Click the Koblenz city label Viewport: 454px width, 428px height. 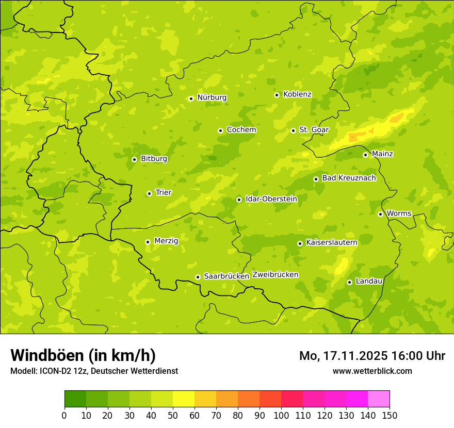point(297,94)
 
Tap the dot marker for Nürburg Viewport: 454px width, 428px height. point(191,98)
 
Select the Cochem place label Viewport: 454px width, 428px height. point(241,130)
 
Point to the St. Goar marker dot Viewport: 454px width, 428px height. point(293,130)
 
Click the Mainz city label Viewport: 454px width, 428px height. point(382,154)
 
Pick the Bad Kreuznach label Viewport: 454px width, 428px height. point(349,178)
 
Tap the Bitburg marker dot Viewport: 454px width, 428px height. point(134,159)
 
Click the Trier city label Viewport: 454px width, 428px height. point(164,192)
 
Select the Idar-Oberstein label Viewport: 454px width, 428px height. point(271,199)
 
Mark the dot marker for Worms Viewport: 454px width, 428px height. point(380,214)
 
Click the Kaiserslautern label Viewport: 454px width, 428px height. point(332,242)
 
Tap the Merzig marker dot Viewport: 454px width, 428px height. point(148,242)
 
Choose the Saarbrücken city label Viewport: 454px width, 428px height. point(226,276)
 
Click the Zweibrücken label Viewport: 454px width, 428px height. point(275,275)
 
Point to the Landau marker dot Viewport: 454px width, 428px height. point(349,282)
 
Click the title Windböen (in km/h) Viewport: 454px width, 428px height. point(83,355)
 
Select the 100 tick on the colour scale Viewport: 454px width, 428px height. point(281,416)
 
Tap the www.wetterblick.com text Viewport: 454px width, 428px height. point(372,371)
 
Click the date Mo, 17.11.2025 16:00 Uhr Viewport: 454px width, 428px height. point(372,356)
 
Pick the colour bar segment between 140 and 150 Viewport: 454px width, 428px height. point(379,399)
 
